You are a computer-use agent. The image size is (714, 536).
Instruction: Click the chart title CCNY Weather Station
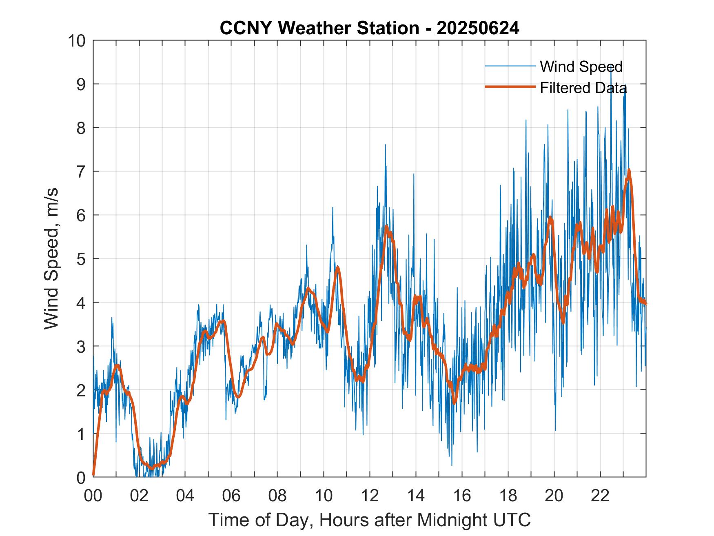click(x=319, y=28)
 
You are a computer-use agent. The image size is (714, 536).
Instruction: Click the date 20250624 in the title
click(x=478, y=28)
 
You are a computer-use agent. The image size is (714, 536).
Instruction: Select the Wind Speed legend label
click(x=581, y=67)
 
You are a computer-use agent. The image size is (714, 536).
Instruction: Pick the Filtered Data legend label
click(x=583, y=88)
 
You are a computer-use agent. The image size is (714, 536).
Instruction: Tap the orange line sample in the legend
click(x=510, y=87)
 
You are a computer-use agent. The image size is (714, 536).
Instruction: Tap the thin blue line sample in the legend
click(x=510, y=66)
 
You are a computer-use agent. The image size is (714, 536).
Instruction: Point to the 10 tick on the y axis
click(x=78, y=41)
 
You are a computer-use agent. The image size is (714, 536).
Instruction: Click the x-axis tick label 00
click(x=93, y=496)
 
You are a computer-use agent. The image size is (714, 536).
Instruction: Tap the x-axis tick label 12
click(x=370, y=496)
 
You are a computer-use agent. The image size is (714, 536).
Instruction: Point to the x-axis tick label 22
click(x=600, y=496)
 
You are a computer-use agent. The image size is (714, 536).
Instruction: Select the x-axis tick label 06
click(x=231, y=496)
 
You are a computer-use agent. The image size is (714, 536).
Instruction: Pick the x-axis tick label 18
click(x=508, y=496)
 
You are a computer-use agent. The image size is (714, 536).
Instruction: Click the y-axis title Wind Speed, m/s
click(x=51, y=258)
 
